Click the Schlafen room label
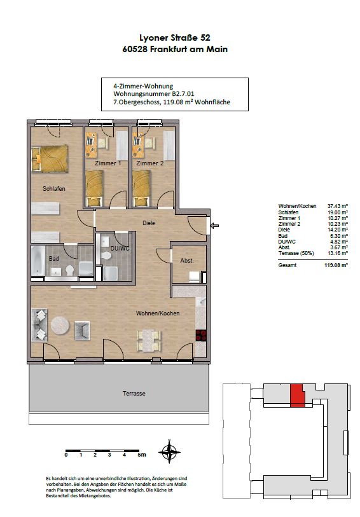[53, 189]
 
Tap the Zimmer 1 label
[107, 163]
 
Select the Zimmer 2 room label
[150, 163]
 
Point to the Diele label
[149, 223]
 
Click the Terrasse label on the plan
[134, 394]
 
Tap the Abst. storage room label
[186, 261]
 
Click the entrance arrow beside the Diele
[214, 226]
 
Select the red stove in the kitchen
[201, 335]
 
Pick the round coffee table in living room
[60, 326]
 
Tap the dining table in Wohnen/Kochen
[149, 341]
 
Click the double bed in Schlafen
[50, 158]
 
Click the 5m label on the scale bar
[142, 455]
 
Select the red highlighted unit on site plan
[298, 396]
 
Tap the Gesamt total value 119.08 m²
[336, 265]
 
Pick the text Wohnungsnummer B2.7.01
[154, 94]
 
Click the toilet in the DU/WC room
[106, 256]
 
